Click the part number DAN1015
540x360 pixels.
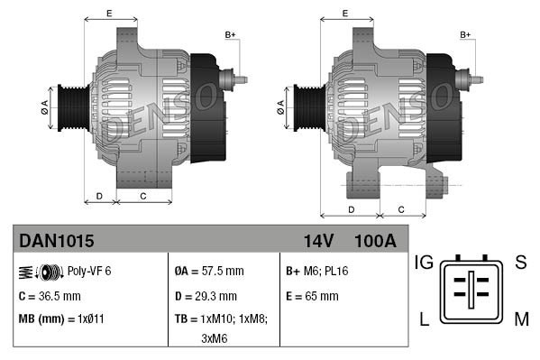point(56,241)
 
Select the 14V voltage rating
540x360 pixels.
point(317,241)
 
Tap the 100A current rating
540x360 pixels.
point(375,241)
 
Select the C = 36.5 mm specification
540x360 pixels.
point(50,295)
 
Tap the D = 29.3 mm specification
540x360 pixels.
point(206,295)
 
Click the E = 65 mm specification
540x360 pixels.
point(312,295)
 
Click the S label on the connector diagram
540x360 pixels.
point(520,263)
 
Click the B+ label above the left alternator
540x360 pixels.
point(230,34)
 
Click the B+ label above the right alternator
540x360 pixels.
point(466,34)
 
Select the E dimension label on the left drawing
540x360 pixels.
point(109,13)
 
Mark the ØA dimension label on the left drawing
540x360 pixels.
point(43,106)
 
